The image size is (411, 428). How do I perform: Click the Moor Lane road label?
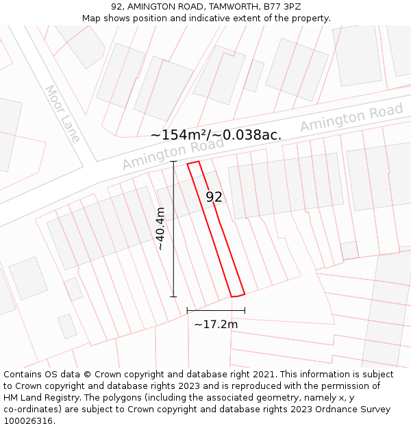pos(62,113)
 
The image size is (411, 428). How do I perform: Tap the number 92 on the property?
pos(214,197)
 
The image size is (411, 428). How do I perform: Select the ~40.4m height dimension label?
pos(161,228)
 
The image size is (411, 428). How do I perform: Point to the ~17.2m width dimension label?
pos(216,324)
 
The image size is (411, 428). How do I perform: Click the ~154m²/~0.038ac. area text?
pos(216,135)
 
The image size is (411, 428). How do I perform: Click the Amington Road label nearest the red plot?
pos(173,153)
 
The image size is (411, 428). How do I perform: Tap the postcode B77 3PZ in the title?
pos(281,6)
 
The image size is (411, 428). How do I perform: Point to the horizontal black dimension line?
pos(216,311)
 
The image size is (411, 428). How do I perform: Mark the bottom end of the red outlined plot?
pos(237,295)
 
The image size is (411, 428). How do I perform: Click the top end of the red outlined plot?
pos(193,163)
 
